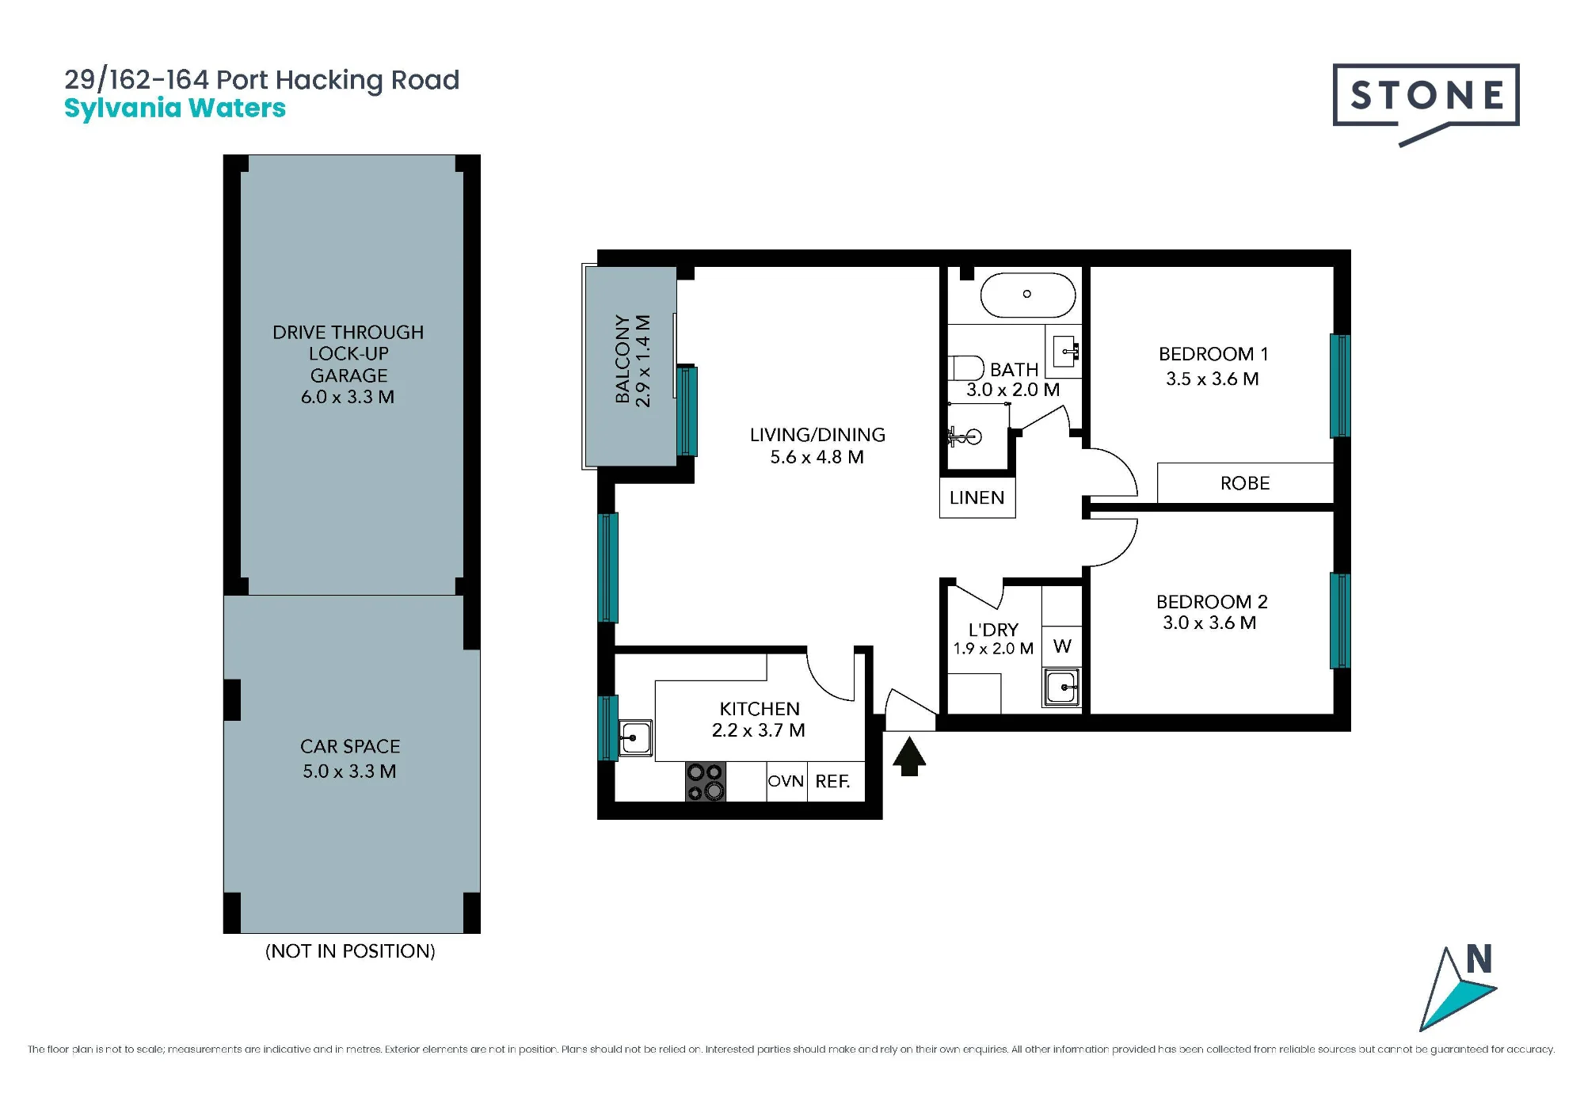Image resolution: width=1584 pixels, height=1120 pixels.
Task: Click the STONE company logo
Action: [1426, 103]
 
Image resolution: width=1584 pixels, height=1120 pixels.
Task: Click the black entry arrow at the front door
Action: [909, 756]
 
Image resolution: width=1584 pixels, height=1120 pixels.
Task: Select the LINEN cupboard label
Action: [977, 497]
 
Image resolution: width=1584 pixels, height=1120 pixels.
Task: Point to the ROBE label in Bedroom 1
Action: [1245, 483]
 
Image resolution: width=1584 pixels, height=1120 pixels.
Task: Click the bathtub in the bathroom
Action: [1028, 295]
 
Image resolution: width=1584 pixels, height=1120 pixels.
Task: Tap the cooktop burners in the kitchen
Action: [705, 782]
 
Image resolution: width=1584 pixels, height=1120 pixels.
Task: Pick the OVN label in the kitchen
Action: [786, 781]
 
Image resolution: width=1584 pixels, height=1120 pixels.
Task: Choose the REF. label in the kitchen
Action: [832, 782]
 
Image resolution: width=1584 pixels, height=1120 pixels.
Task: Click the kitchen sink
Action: [634, 737]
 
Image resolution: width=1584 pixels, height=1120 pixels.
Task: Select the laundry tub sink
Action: [1061, 687]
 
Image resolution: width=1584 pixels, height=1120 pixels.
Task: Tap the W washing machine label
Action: [1062, 646]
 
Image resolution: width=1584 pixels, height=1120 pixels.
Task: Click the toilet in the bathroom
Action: [965, 368]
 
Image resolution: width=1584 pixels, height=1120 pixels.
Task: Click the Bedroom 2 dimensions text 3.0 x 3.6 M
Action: [1209, 623]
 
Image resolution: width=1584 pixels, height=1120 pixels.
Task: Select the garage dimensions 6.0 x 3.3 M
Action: [348, 397]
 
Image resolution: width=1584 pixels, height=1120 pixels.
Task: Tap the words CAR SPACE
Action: [350, 746]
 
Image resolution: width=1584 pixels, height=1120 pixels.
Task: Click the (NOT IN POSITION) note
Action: [350, 950]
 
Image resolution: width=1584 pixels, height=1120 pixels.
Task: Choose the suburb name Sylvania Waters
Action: [175, 109]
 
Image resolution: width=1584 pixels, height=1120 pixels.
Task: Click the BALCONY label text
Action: [623, 360]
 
